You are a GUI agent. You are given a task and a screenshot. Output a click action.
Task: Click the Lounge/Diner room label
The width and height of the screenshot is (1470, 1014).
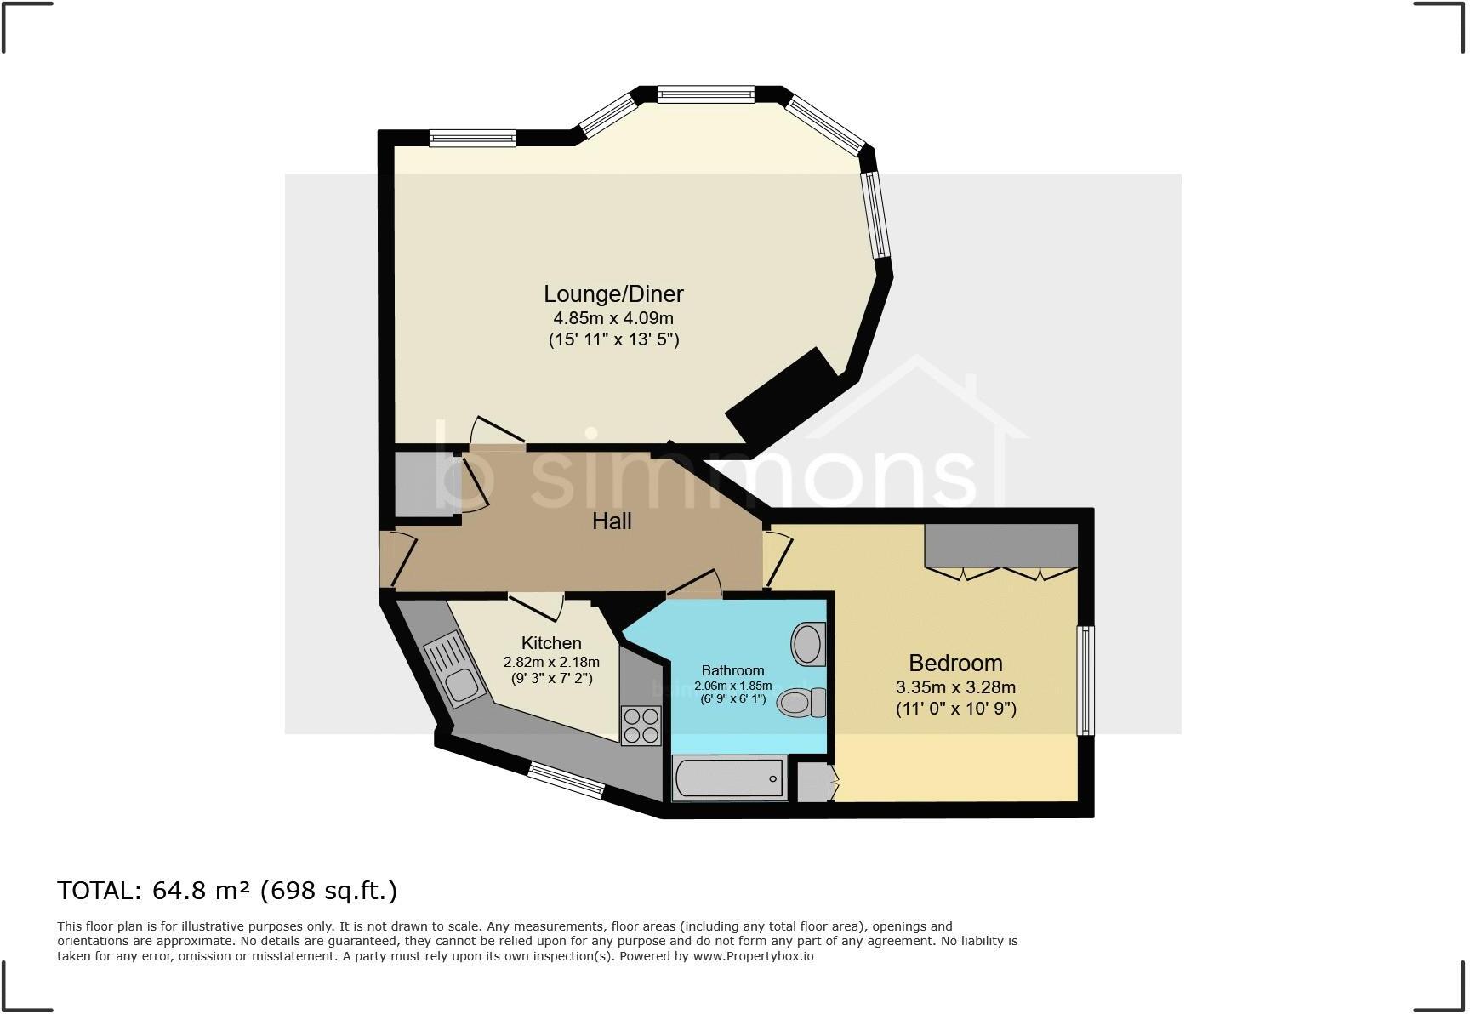point(613,294)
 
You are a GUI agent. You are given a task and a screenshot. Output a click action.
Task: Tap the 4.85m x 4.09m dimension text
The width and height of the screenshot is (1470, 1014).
point(613,318)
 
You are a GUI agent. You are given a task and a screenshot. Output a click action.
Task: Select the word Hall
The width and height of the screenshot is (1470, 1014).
point(612,521)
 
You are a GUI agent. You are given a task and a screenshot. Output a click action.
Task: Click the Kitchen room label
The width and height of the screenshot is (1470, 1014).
point(551,643)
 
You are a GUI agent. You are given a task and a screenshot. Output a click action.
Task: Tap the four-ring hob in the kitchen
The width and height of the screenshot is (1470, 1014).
point(641,726)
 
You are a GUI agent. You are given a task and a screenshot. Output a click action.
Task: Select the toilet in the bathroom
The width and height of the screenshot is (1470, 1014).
point(801,703)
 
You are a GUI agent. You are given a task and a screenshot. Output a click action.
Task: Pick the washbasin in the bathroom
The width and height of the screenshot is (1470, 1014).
point(808,644)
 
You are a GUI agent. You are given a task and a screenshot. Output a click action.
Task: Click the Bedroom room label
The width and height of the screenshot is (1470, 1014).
point(955,663)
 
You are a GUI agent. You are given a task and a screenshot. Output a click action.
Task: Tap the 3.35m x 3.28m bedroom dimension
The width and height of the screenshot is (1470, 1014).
point(955,687)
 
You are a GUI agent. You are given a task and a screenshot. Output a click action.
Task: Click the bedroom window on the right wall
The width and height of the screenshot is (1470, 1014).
point(1085,681)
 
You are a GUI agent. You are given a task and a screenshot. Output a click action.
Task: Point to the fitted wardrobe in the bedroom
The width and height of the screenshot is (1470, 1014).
point(1001,546)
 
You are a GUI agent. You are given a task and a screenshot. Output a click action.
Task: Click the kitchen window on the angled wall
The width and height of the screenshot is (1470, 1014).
point(566,780)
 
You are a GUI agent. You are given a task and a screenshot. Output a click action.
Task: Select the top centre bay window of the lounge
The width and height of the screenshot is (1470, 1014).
point(706,94)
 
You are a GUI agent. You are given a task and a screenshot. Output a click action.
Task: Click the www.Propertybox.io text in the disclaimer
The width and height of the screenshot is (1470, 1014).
point(753,956)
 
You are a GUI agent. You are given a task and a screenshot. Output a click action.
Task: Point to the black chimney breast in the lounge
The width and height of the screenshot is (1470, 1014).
point(781,396)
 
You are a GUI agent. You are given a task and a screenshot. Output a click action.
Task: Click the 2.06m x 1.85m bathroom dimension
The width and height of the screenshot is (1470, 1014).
point(732,686)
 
